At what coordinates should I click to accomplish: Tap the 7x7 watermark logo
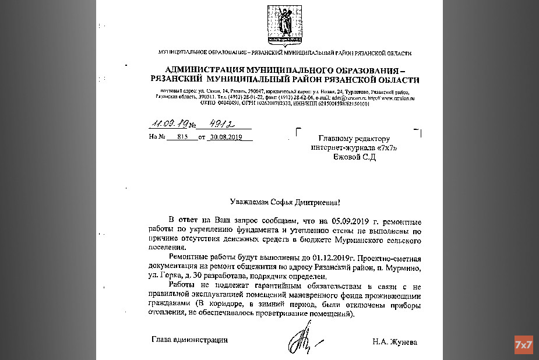pyautogui.click(x=523, y=344)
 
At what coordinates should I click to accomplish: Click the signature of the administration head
pyautogui.click(x=300, y=339)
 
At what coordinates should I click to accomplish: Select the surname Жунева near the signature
pyautogui.click(x=404, y=341)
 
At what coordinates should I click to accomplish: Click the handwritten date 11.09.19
pyautogui.click(x=165, y=123)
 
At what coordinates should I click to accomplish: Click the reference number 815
pyautogui.click(x=184, y=137)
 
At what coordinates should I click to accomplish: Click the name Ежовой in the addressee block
pyautogui.click(x=345, y=157)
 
